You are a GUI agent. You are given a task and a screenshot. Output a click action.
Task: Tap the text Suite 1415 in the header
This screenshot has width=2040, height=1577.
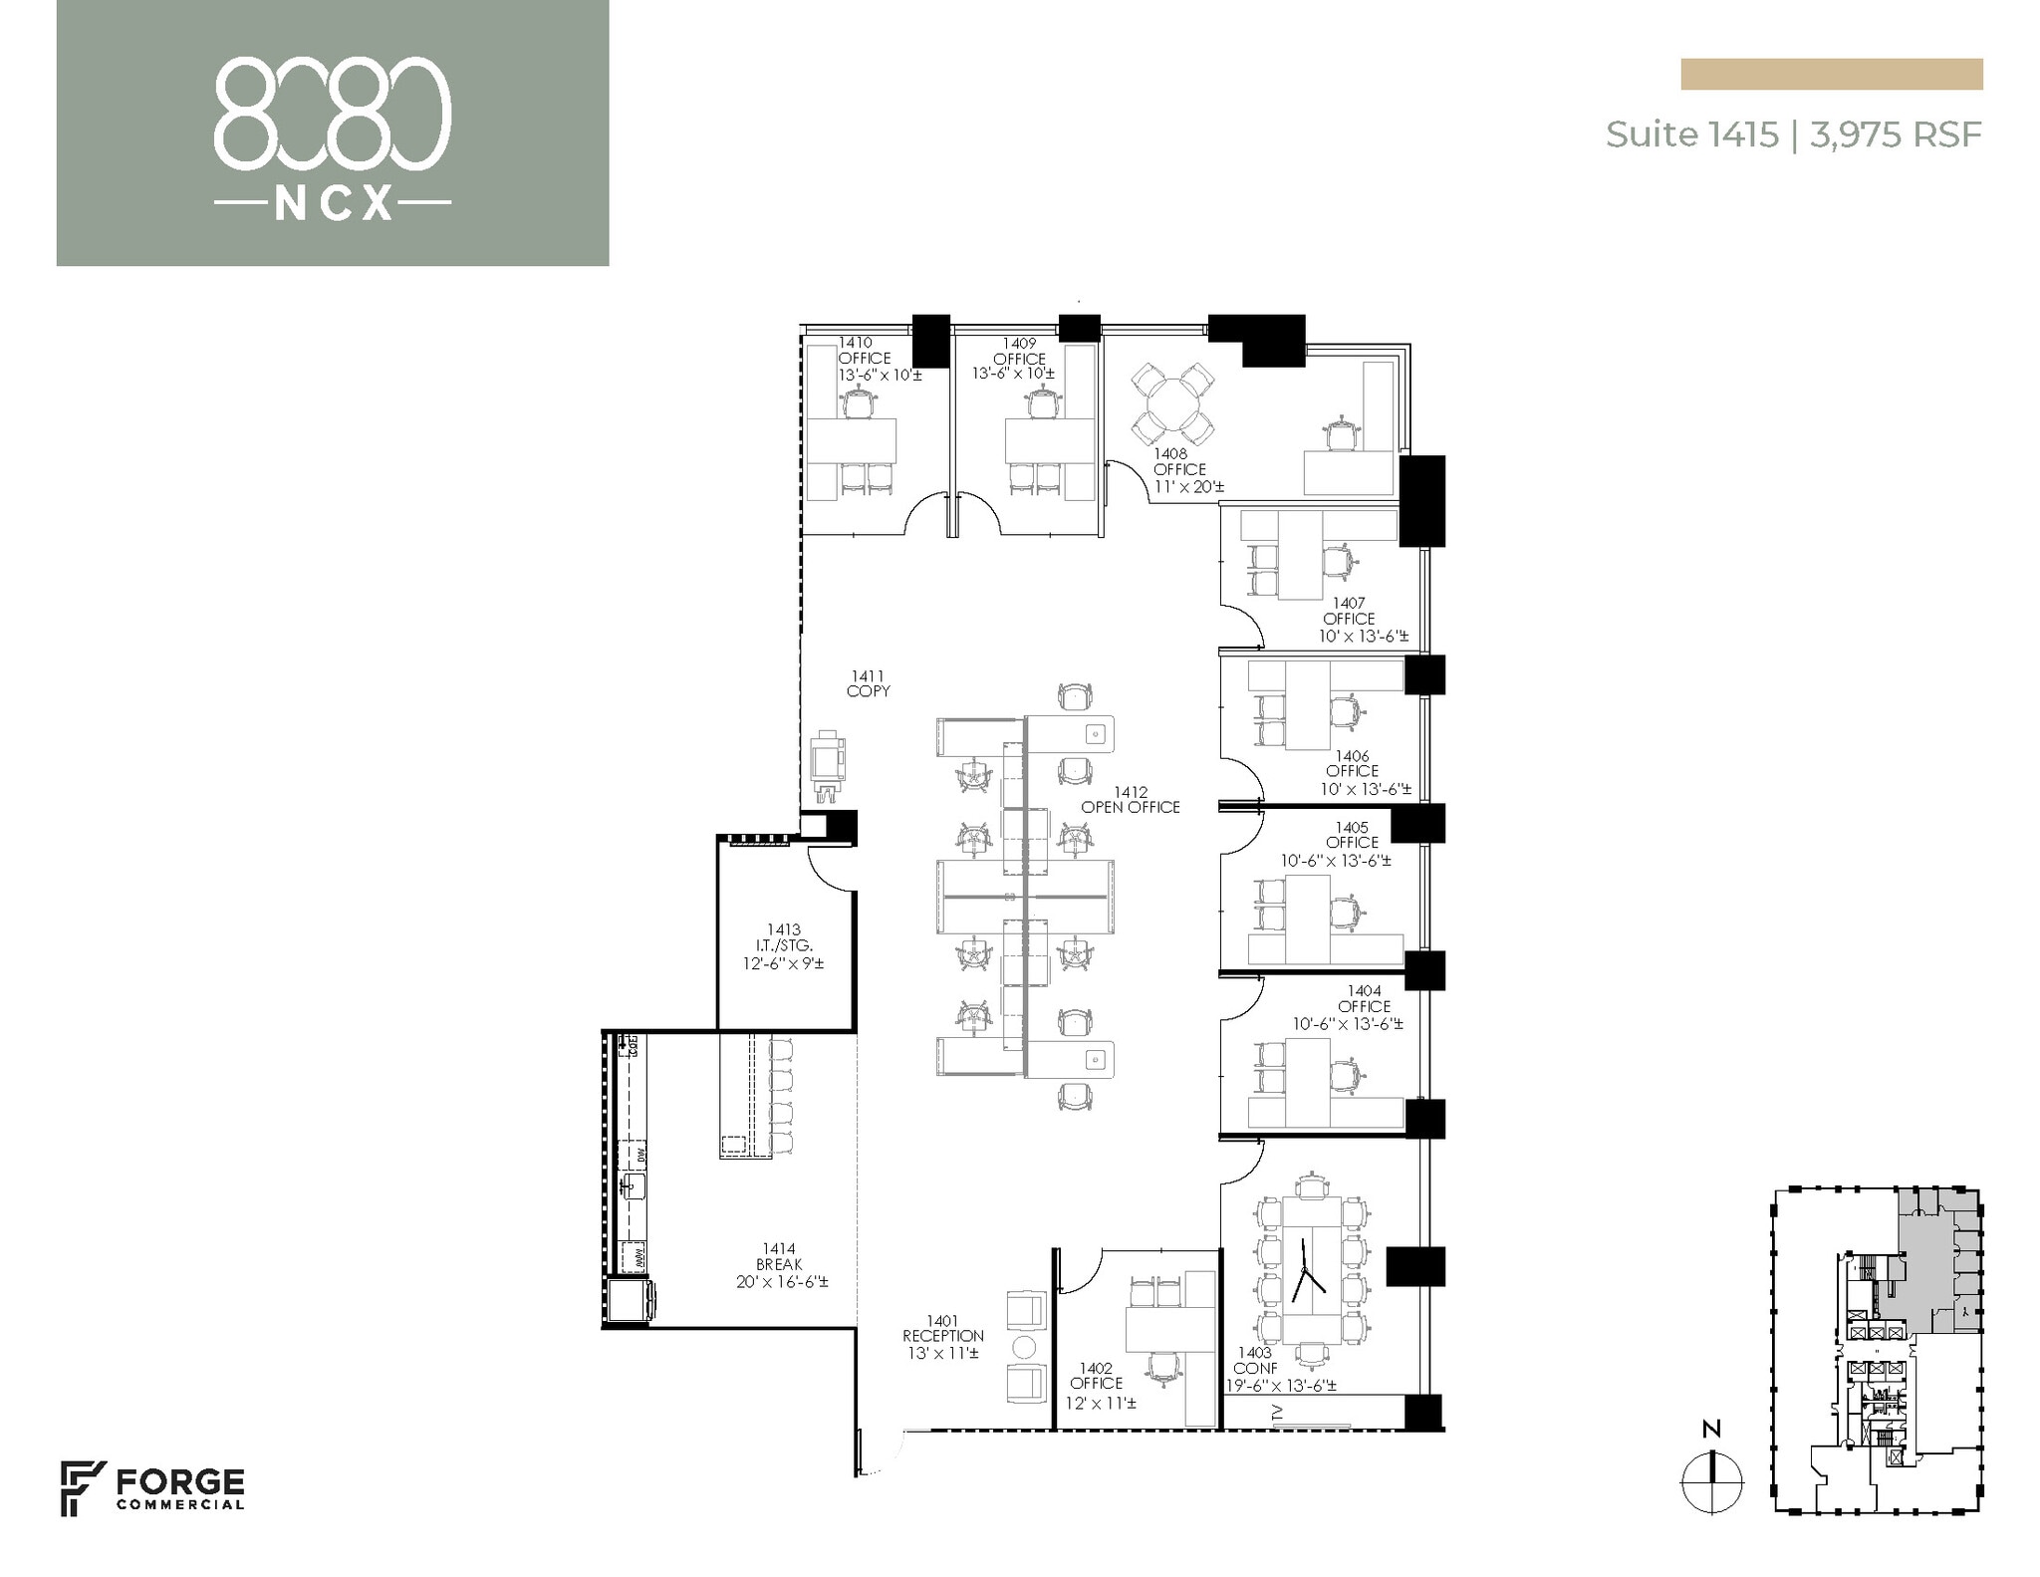pos(1691,134)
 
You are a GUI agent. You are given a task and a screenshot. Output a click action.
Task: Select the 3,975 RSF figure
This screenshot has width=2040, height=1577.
pos(1896,134)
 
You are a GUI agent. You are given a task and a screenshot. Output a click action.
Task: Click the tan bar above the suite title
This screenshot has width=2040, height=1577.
pos(1831,74)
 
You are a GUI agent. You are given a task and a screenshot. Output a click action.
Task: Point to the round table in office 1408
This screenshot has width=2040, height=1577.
pos(1173,403)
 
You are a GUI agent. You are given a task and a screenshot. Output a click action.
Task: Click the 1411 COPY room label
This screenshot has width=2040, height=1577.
pos(868,683)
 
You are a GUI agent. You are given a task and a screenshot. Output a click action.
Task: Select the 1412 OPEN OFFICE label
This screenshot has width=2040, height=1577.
pos(1131,800)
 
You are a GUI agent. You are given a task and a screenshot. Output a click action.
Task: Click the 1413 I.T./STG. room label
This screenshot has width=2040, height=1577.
pos(784,945)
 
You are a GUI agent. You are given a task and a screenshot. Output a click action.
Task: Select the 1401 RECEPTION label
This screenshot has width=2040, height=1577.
pos(942,1336)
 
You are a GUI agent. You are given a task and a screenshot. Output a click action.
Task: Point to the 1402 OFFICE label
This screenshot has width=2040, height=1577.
pos(1096,1384)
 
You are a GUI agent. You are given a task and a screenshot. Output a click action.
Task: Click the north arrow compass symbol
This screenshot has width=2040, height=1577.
pos(1711,1481)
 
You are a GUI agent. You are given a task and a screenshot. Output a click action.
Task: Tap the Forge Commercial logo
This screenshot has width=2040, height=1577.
pos(152,1488)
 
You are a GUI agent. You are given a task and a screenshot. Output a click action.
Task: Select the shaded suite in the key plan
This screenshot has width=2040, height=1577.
pos(1920,1260)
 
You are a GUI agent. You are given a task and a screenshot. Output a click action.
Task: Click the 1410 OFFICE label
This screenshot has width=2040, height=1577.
pos(865,359)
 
